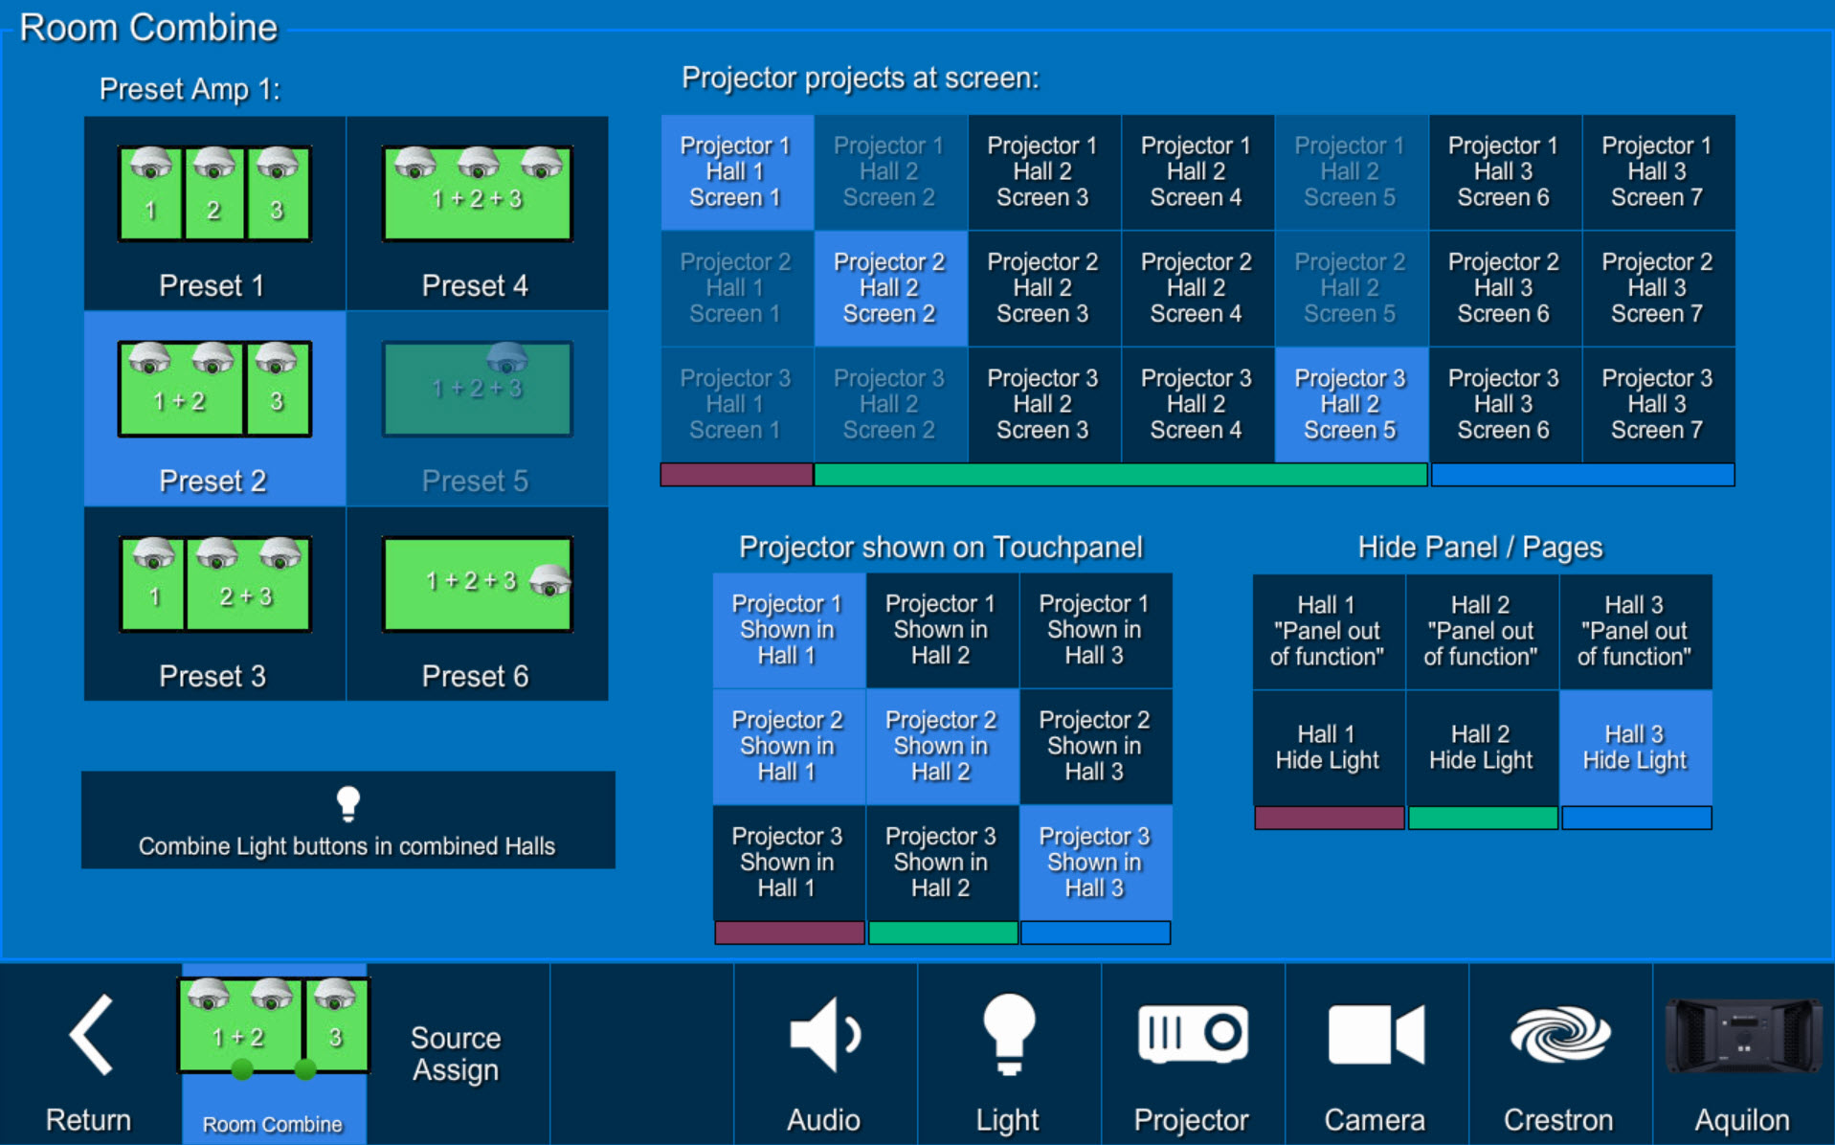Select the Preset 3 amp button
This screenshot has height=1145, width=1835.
coord(214,603)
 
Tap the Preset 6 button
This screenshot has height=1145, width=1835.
coord(477,603)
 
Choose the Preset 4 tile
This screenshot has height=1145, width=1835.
coord(477,213)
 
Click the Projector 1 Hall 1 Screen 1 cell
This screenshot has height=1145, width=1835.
coord(736,172)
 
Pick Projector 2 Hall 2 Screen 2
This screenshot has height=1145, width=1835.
coord(890,288)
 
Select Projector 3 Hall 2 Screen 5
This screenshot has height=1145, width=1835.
coord(1351,404)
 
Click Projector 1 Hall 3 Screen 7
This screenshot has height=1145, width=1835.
coord(1658,172)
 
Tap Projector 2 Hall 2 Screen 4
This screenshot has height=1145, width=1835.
coord(1197,288)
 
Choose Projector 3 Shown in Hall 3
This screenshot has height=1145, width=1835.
coord(1095,862)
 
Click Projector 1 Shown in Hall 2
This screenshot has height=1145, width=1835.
coord(942,630)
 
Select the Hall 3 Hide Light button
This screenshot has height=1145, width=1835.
coord(1635,748)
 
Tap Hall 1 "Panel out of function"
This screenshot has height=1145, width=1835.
coord(1329,631)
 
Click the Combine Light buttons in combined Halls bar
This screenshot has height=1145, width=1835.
coord(348,820)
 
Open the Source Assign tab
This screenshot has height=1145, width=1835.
coord(457,1054)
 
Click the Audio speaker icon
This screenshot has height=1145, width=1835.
coord(824,1034)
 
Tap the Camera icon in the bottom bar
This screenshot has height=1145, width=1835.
coord(1376,1034)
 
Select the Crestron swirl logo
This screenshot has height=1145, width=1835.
coord(1559,1034)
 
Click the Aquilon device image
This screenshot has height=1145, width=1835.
coord(1743,1036)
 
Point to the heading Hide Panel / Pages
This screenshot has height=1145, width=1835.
coord(1480,547)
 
